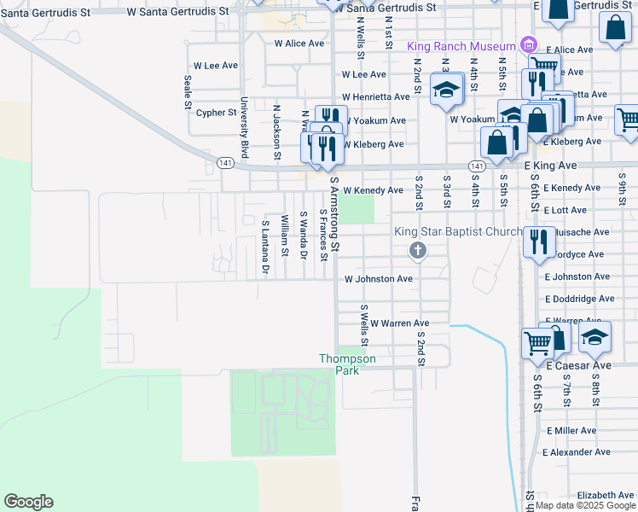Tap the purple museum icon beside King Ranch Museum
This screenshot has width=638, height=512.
click(x=528, y=45)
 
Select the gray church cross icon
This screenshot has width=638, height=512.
click(x=417, y=250)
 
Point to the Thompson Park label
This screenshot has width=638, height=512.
click(x=347, y=364)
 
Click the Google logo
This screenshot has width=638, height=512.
click(x=28, y=502)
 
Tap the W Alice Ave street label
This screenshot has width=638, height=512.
click(x=299, y=43)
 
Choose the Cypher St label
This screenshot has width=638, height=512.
click(x=216, y=113)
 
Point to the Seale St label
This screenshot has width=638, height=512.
click(x=187, y=92)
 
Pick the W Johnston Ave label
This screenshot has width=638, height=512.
click(x=379, y=278)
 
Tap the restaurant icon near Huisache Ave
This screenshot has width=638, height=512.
click(x=537, y=241)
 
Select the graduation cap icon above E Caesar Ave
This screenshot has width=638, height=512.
click(x=594, y=336)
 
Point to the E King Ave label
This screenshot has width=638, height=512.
click(x=550, y=165)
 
